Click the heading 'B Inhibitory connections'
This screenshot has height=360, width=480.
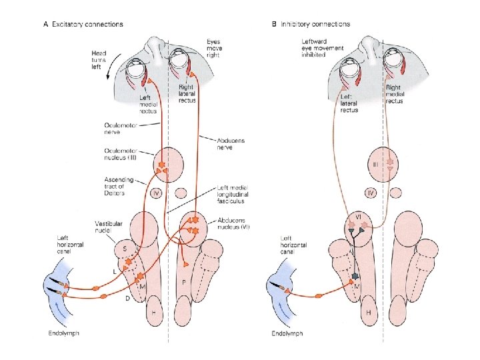[311, 24]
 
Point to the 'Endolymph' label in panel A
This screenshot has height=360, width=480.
[63, 333]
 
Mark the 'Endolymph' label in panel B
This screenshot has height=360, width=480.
[287, 333]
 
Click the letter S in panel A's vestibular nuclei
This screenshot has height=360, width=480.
[126, 248]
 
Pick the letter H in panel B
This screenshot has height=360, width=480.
[368, 312]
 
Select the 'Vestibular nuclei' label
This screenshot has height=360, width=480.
[107, 228]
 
